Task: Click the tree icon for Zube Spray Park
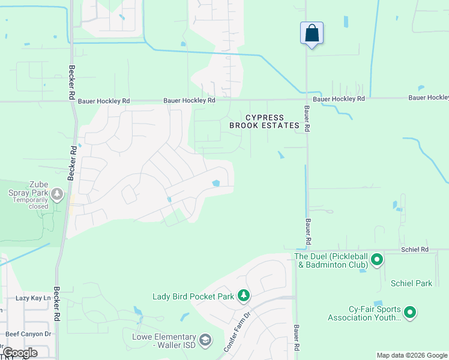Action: pos(57,194)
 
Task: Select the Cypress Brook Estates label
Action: pos(264,122)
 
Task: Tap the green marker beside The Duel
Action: pos(377,260)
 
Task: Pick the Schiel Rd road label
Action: pos(415,249)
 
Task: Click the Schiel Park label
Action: pos(411,283)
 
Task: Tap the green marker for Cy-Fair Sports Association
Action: pos(410,312)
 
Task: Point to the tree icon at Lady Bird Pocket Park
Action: pos(243,296)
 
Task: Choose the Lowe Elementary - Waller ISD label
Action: pos(164,341)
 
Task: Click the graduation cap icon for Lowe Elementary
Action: pos(205,341)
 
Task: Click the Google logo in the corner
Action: pos(20,353)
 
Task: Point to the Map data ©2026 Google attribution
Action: pos(411,355)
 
